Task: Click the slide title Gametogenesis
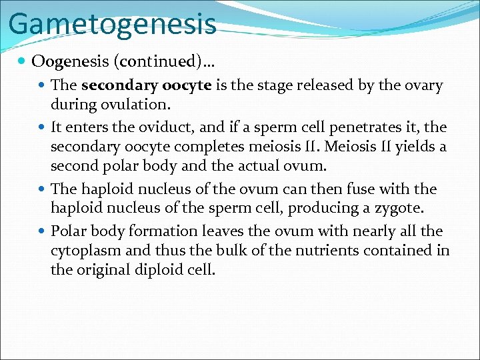pyautogui.click(x=112, y=23)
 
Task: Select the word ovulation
pyautogui.click(x=139, y=105)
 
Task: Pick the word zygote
pyautogui.click(x=399, y=209)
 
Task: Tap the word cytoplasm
pyautogui.click(x=84, y=251)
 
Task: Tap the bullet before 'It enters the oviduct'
pyautogui.click(x=43, y=127)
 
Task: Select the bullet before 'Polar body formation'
pyautogui.click(x=43, y=231)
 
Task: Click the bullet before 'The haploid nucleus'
pyautogui.click(x=43, y=189)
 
